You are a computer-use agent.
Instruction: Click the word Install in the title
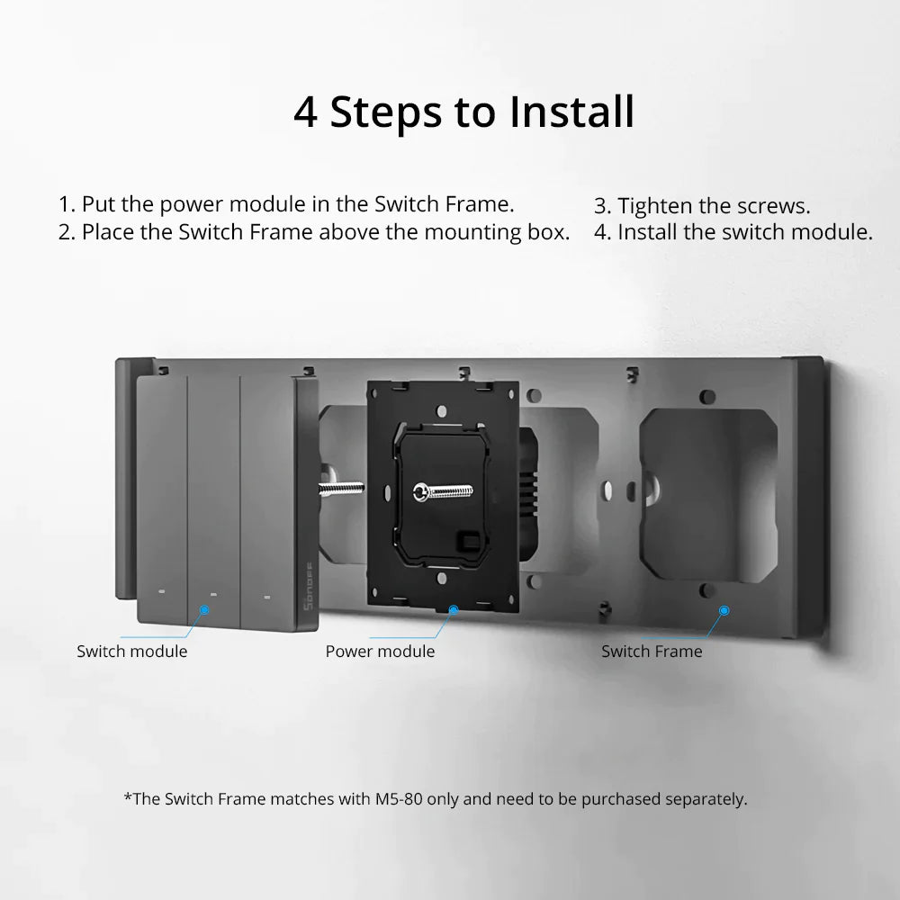(x=571, y=112)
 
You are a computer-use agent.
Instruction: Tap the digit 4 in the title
(x=305, y=112)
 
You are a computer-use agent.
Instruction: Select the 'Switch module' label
(x=132, y=652)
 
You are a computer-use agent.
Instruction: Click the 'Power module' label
(x=380, y=652)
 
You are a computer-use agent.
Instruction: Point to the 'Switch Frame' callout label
(x=652, y=652)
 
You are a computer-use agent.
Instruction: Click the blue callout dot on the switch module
(x=204, y=609)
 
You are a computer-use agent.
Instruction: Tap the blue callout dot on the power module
(x=454, y=609)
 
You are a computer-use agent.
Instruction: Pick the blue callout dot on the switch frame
(x=724, y=610)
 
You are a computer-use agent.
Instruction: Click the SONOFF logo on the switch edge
(x=308, y=586)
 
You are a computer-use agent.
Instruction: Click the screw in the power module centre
(x=443, y=491)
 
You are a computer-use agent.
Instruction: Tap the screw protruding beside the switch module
(x=341, y=489)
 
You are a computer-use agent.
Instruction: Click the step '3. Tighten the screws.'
(x=702, y=205)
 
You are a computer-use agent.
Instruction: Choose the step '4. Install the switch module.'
(x=733, y=232)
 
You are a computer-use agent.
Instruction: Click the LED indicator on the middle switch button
(x=213, y=594)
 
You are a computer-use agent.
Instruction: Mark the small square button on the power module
(x=469, y=541)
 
